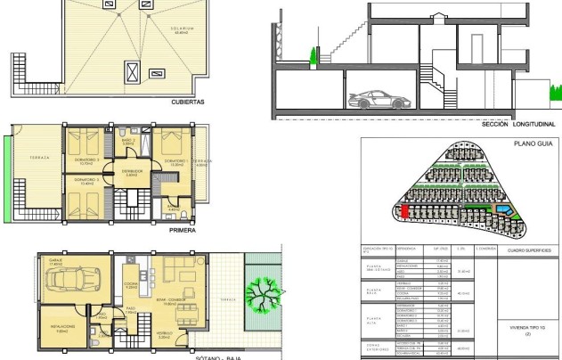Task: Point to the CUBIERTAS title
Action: pos(188,102)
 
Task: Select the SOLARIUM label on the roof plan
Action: pos(183,29)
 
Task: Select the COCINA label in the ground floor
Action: pos(130,285)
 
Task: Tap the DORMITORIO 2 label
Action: pos(86,160)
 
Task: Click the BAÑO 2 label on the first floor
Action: pos(127,140)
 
